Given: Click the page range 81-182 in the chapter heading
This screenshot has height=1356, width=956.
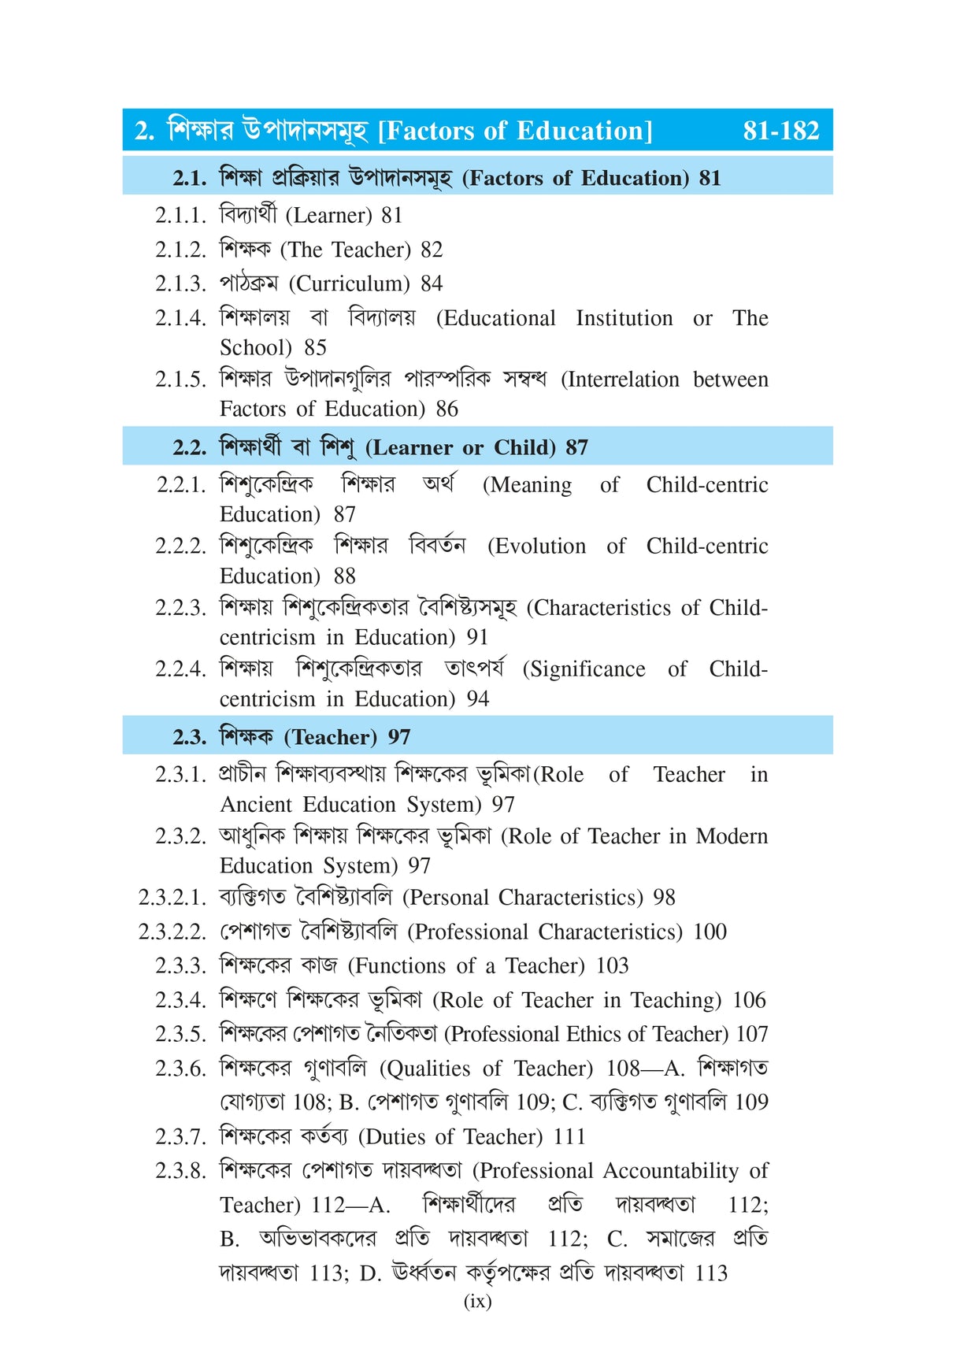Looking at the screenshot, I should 780,131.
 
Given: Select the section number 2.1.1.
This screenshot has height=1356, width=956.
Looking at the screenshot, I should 180,215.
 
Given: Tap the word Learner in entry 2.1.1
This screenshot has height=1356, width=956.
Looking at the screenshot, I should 328,215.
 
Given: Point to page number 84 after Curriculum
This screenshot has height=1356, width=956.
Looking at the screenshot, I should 432,283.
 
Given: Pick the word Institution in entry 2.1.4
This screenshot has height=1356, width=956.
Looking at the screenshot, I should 624,318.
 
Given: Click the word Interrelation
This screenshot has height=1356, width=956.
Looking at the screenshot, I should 620,380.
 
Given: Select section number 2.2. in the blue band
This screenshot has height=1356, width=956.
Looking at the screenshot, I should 190,447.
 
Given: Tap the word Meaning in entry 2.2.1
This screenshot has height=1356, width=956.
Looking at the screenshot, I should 528,485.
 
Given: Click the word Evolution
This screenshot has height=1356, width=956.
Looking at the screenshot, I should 536,546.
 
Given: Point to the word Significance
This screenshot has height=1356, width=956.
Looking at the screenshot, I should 584,669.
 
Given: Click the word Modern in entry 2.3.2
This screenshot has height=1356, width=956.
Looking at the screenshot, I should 732,836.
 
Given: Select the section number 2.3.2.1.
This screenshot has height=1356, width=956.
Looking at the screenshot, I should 172,898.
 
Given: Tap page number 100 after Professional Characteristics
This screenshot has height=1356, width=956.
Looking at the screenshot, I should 710,932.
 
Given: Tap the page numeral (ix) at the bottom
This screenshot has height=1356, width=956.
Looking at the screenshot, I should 477,1301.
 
